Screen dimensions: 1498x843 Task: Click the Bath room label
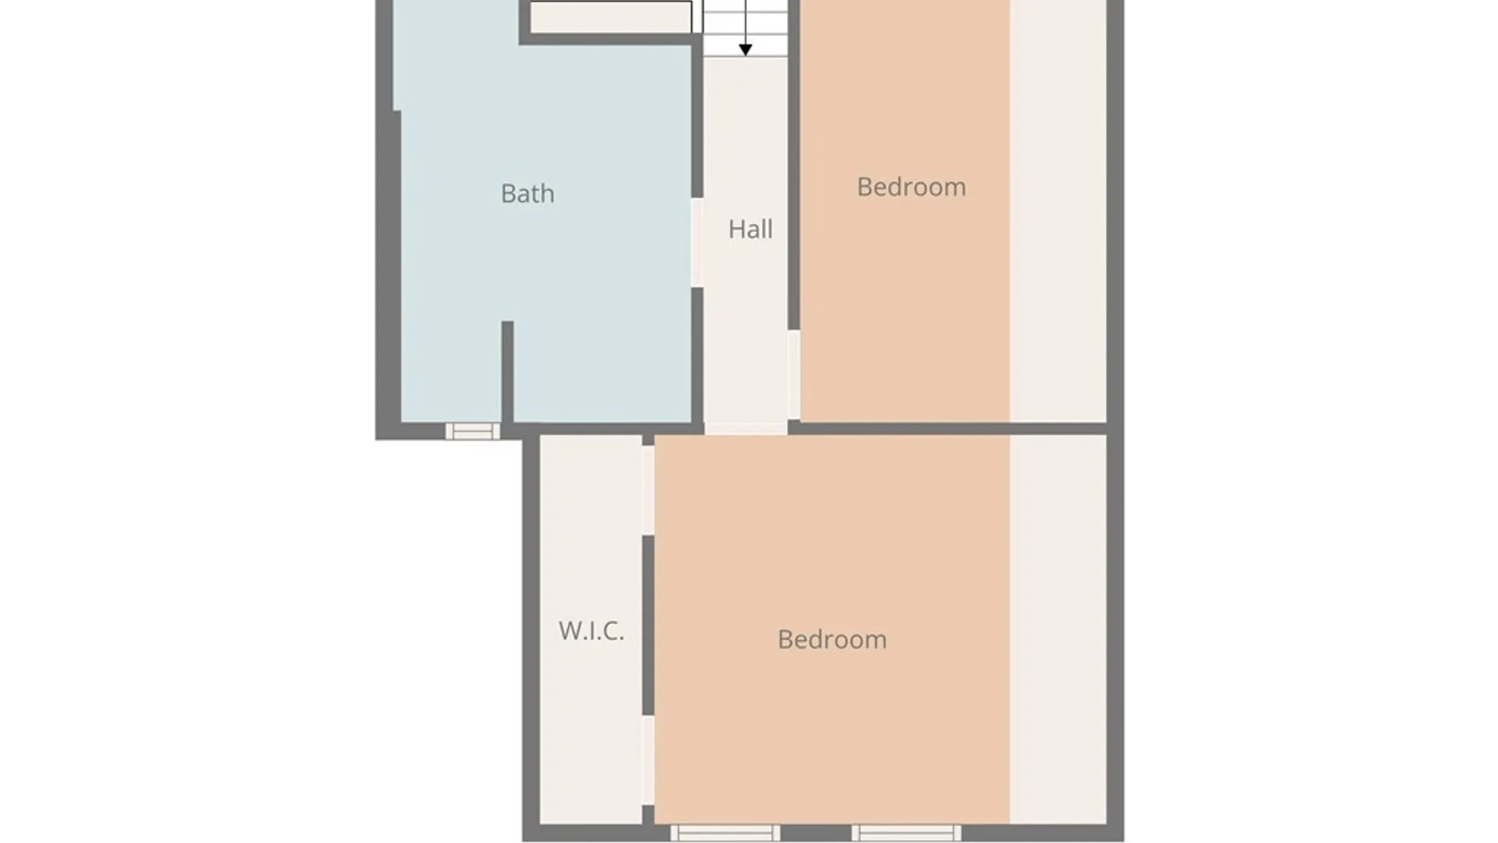click(527, 194)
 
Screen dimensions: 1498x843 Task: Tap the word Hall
click(751, 229)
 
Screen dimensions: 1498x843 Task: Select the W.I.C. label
click(591, 631)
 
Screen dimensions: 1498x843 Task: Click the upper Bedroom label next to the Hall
click(911, 187)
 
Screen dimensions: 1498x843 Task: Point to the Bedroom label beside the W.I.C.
click(832, 640)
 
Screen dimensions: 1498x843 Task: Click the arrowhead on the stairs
click(745, 50)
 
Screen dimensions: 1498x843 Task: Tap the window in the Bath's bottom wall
click(473, 431)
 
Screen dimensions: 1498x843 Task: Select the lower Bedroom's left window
click(725, 833)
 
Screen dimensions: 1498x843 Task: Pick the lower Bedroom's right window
click(906, 833)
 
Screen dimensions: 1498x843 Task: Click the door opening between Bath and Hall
click(698, 243)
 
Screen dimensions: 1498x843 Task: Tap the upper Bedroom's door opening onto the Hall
click(793, 375)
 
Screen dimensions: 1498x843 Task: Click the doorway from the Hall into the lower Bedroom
click(746, 429)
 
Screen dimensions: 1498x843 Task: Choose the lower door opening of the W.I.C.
click(648, 760)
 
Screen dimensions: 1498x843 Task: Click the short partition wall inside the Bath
click(507, 372)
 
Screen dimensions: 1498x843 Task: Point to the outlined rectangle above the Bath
click(611, 17)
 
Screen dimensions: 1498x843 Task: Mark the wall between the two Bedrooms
click(948, 429)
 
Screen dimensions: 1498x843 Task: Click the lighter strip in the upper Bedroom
click(1058, 211)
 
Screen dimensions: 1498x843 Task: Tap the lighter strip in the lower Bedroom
click(1058, 629)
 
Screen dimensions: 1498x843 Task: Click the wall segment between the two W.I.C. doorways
click(648, 625)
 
